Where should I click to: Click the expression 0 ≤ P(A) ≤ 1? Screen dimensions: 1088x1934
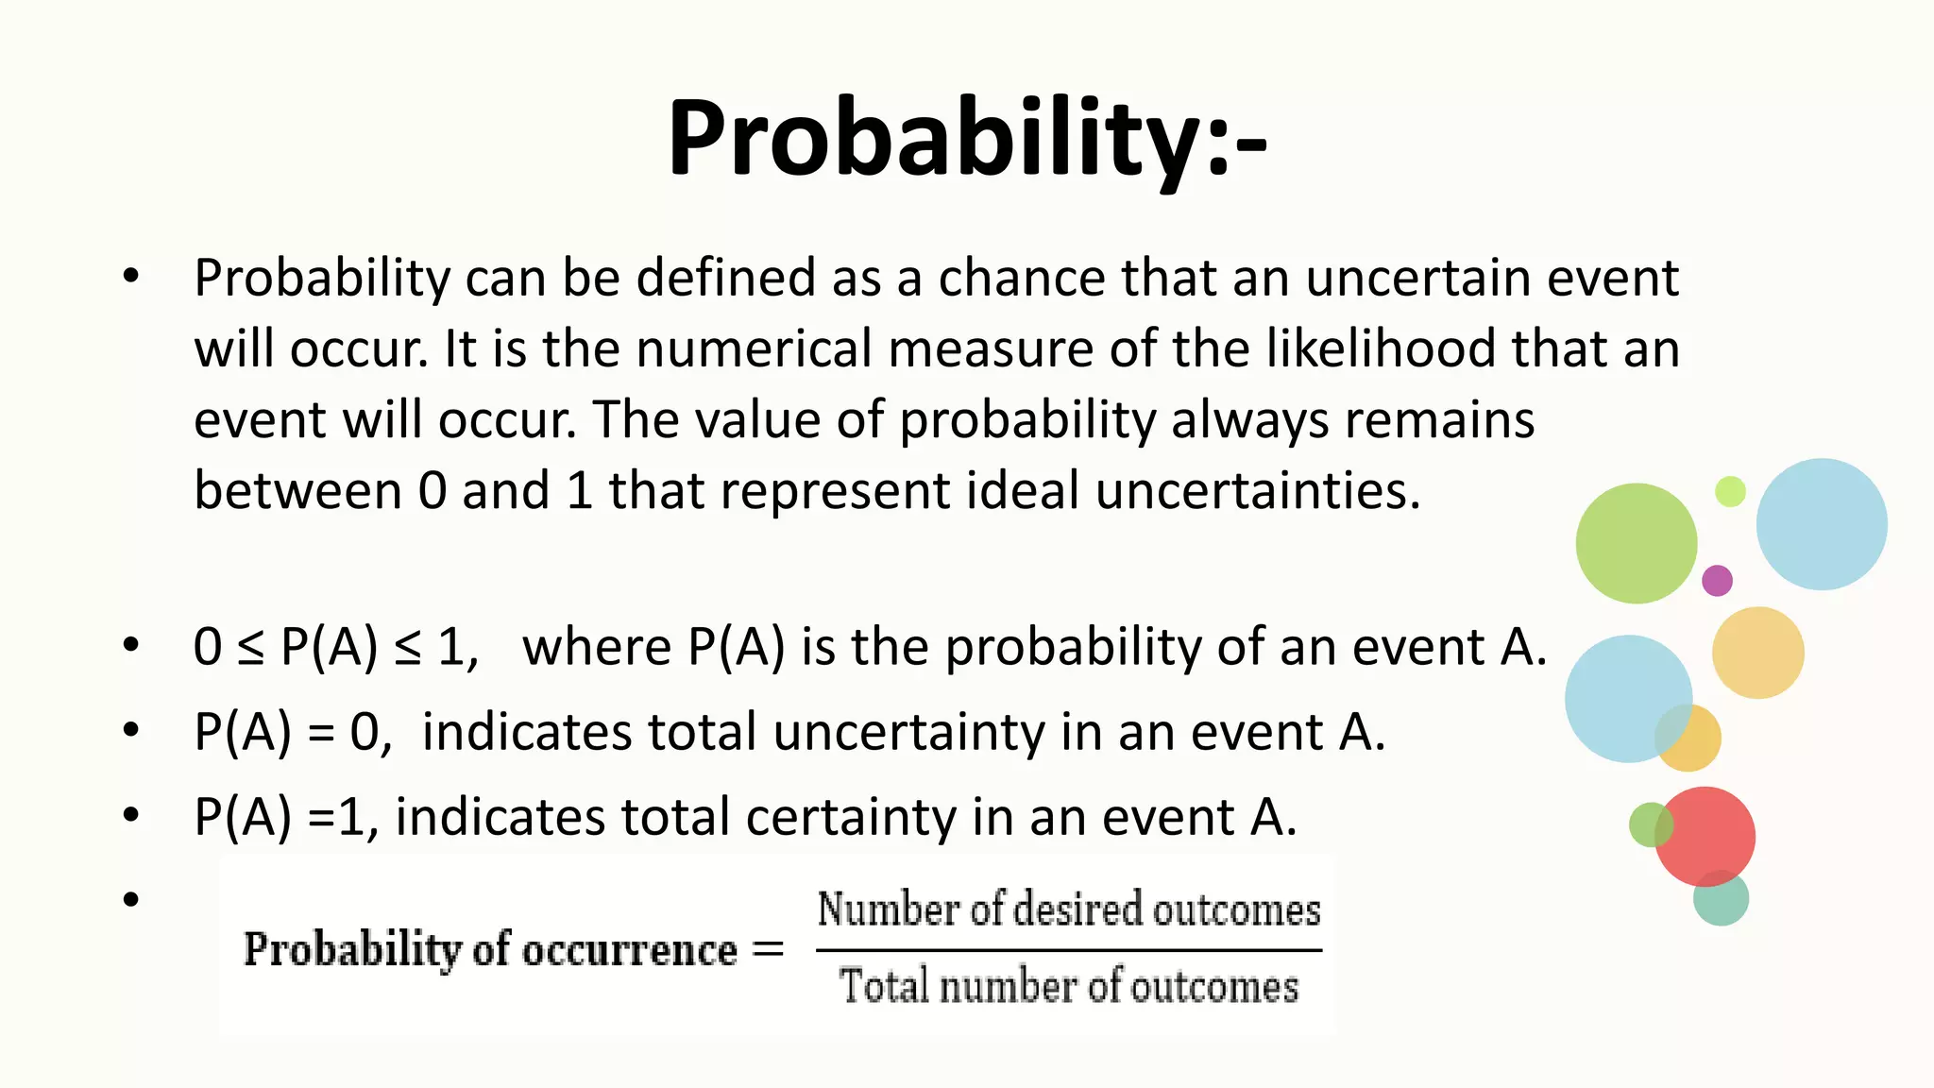pos(335,649)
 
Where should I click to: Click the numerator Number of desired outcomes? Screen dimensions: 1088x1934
pos(1068,909)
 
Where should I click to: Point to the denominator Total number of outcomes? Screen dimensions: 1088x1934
pos(1068,987)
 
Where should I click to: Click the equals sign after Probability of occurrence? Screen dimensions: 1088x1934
pos(768,948)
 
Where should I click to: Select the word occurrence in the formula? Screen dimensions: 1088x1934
pos(630,950)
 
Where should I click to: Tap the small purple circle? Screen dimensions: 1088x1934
pos(1717,580)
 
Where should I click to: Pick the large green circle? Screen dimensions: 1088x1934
pos(1636,543)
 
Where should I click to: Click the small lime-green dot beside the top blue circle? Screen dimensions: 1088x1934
pos(1730,491)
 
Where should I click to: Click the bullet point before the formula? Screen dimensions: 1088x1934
pos(130,899)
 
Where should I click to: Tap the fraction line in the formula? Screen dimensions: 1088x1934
pos(1068,950)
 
